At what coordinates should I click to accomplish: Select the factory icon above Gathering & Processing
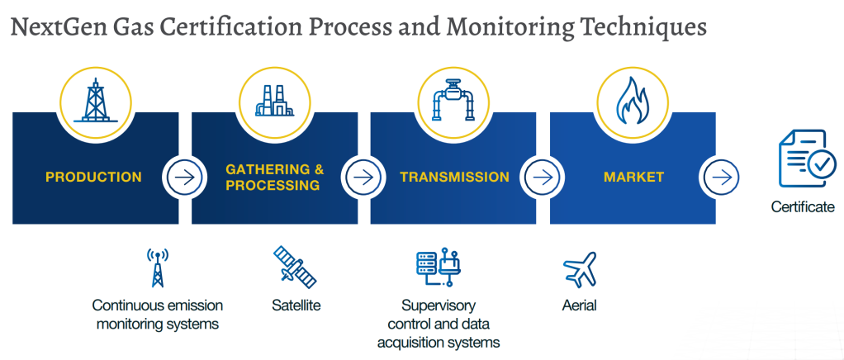coord(274,101)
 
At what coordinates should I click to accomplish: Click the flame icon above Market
coord(633,101)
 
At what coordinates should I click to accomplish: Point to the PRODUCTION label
coord(93,177)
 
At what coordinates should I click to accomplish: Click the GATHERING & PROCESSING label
coord(274,178)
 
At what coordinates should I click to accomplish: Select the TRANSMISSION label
coord(454,177)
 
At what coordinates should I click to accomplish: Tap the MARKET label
coord(633,177)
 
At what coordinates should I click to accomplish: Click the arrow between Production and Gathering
coord(185,177)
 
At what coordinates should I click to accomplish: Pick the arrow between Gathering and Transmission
coord(364,177)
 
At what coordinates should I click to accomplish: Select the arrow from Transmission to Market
coord(543,177)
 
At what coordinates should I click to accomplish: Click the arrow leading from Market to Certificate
coord(723,177)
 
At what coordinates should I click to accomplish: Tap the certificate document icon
coord(806,158)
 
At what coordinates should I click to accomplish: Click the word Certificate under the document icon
coord(803,206)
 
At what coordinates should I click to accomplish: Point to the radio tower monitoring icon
coord(157,267)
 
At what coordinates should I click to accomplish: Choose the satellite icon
coord(295,267)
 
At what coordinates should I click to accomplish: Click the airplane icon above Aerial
coord(580,270)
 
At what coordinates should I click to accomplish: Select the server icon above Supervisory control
coord(439,266)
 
